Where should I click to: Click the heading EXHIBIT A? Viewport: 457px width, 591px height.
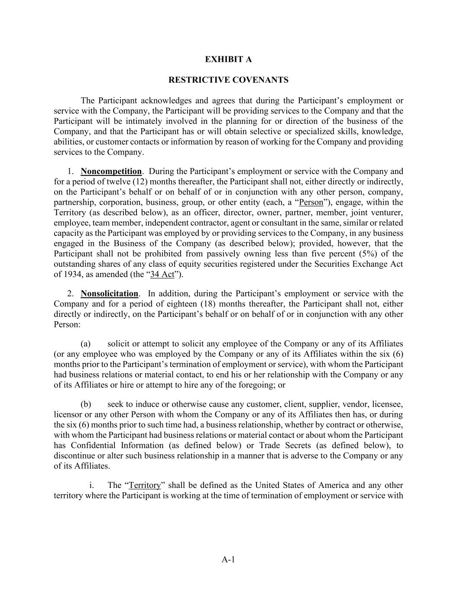(x=228, y=59)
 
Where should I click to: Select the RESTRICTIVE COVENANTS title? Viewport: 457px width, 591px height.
(x=228, y=80)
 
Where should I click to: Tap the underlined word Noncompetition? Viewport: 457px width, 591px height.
(x=111, y=171)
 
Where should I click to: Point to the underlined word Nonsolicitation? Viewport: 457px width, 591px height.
(x=109, y=294)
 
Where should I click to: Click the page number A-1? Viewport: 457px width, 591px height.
(x=228, y=560)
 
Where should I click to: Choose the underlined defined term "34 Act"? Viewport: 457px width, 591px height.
(x=162, y=275)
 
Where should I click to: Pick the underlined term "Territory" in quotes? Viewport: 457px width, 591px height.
(x=145, y=485)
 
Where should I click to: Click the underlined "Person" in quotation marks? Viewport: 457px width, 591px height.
(x=311, y=202)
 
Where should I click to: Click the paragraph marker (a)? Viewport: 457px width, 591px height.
(x=85, y=344)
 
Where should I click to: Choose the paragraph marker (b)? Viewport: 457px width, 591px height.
(x=86, y=404)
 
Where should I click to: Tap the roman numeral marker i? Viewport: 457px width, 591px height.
(x=92, y=485)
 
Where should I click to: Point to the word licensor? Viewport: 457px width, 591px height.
(x=67, y=414)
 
